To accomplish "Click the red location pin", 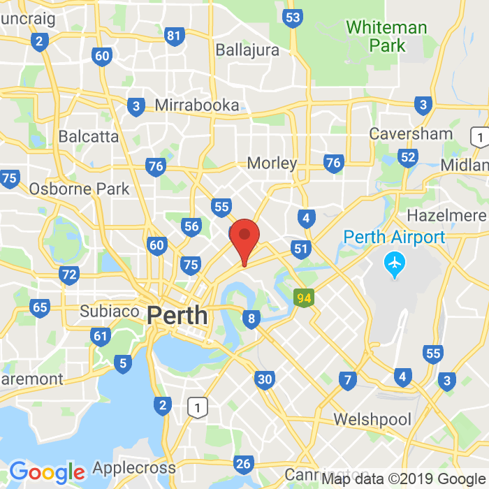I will coord(245,238).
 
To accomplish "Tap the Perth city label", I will coord(177,315).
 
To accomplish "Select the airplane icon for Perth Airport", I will coord(395,265).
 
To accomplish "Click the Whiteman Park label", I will coord(386,36).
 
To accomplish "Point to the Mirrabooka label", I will coord(196,105).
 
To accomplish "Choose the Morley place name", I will coord(272,163).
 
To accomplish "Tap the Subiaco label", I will coord(110,311).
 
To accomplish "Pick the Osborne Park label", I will coord(79,189).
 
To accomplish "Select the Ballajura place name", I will coord(247,50).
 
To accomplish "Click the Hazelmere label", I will coord(446,215).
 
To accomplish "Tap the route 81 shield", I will coord(175,36).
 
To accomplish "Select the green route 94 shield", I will coord(304,298).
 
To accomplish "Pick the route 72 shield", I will coord(69,275).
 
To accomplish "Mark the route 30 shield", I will coord(264,379).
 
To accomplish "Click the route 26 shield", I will coord(243,464).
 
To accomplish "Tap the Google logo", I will coord(47,472).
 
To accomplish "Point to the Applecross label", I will coord(134,467).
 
